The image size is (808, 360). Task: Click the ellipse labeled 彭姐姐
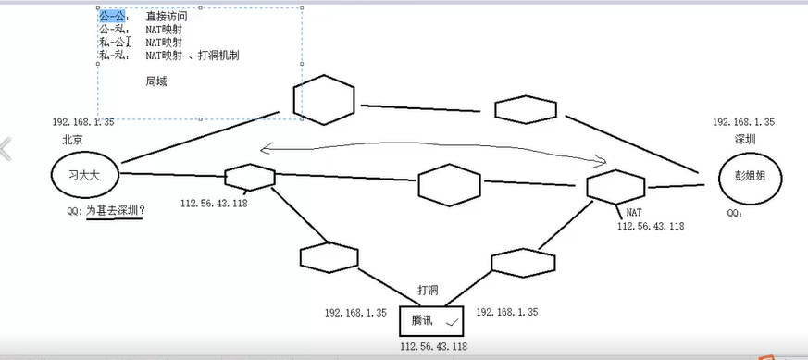pyautogui.click(x=750, y=176)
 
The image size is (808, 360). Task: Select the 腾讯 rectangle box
pyautogui.click(x=430, y=321)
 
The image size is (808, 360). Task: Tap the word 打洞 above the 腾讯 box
pyautogui.click(x=429, y=291)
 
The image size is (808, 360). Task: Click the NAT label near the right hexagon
pyautogui.click(x=634, y=213)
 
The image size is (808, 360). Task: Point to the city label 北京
pyautogui.click(x=72, y=140)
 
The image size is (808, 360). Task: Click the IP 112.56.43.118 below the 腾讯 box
pyautogui.click(x=433, y=347)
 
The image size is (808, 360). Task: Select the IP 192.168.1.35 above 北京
pyautogui.click(x=83, y=122)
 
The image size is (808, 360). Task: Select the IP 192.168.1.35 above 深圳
pyautogui.click(x=743, y=122)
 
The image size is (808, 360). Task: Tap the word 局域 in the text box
pyautogui.click(x=155, y=81)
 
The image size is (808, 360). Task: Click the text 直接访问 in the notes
pyautogui.click(x=167, y=17)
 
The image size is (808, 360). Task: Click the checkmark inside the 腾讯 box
pyautogui.click(x=452, y=322)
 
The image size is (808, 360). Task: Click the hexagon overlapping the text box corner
pyautogui.click(x=323, y=98)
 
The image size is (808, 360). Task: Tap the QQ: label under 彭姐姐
pyautogui.click(x=735, y=212)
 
